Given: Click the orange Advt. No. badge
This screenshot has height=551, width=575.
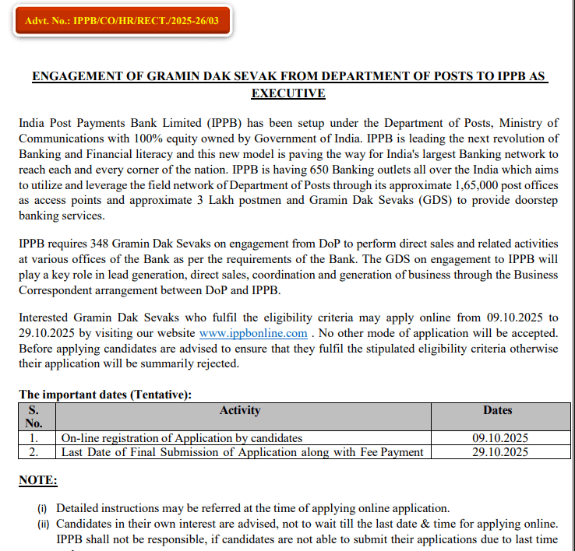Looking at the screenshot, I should (x=122, y=20).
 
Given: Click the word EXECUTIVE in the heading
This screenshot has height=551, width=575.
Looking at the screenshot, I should (x=287, y=93).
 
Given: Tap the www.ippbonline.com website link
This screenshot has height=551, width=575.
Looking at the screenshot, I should (x=253, y=333).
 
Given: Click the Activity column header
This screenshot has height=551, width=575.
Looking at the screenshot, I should (x=240, y=410).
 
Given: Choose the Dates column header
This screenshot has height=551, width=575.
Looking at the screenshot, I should (x=497, y=410).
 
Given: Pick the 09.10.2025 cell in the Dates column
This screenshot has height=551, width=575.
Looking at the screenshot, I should (x=500, y=438).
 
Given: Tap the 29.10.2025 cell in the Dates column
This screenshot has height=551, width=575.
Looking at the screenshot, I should (x=500, y=451).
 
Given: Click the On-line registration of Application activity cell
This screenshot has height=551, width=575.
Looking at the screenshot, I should (x=182, y=438).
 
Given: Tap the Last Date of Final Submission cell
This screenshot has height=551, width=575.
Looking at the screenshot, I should (x=242, y=451).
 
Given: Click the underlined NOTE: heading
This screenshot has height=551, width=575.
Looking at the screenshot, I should (x=37, y=480).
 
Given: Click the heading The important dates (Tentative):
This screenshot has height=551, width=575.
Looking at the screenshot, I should (x=105, y=395).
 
